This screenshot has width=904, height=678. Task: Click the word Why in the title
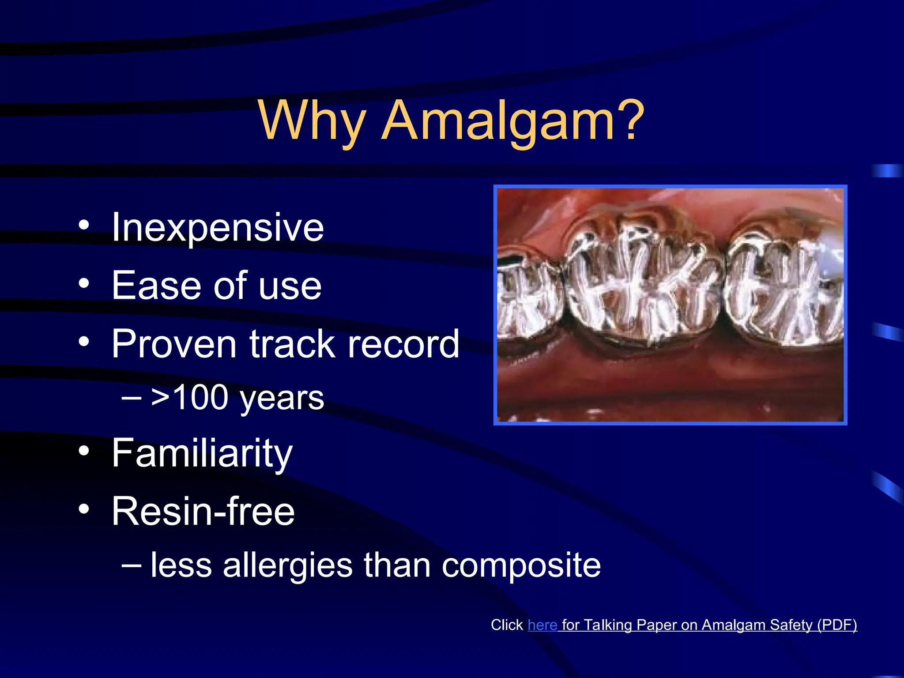pyautogui.click(x=312, y=121)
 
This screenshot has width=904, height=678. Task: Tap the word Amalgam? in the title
pyautogui.click(x=512, y=121)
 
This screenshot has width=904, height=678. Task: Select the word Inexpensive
pyautogui.click(x=218, y=227)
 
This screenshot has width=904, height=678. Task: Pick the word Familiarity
pyautogui.click(x=202, y=453)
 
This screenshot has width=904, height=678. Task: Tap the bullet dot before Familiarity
pyautogui.click(x=84, y=451)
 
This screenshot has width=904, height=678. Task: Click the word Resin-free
pyautogui.click(x=203, y=511)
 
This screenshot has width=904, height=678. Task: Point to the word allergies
pyautogui.click(x=287, y=566)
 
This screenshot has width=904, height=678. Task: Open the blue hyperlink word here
pyautogui.click(x=542, y=625)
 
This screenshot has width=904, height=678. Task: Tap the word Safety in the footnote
pyautogui.click(x=791, y=625)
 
